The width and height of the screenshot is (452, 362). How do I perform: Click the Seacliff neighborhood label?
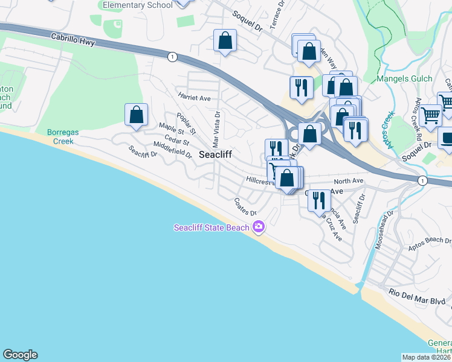[216, 154]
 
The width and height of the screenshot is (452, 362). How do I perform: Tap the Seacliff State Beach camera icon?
[259, 227]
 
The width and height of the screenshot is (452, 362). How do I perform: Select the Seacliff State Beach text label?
[211, 227]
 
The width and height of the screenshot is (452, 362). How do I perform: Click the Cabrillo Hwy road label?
[74, 37]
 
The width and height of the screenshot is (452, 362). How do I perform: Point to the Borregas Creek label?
[61, 136]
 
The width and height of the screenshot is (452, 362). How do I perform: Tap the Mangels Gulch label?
[404, 78]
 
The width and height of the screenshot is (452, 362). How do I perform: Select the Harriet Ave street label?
[194, 97]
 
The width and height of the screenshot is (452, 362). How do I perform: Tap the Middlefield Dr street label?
[172, 150]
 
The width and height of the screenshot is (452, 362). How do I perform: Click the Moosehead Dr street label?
[386, 224]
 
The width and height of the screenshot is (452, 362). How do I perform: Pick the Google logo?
[20, 355]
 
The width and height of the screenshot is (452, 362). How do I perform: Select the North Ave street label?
[349, 180]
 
